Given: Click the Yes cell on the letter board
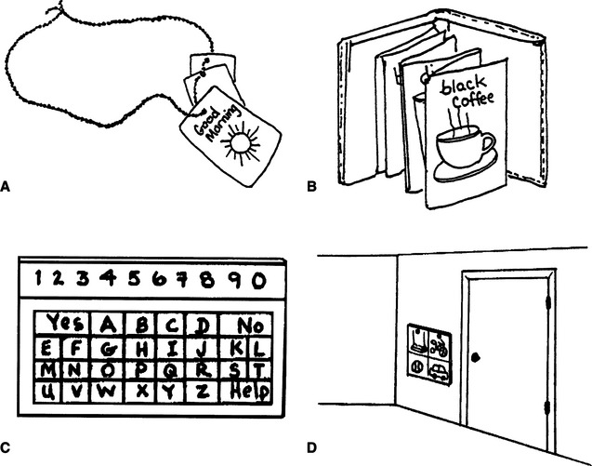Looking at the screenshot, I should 65,324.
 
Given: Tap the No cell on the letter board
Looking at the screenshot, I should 248,325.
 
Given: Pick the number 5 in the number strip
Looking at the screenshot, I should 132,278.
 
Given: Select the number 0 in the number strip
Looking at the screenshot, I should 257,279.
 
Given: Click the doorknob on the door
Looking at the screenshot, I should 474,357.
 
